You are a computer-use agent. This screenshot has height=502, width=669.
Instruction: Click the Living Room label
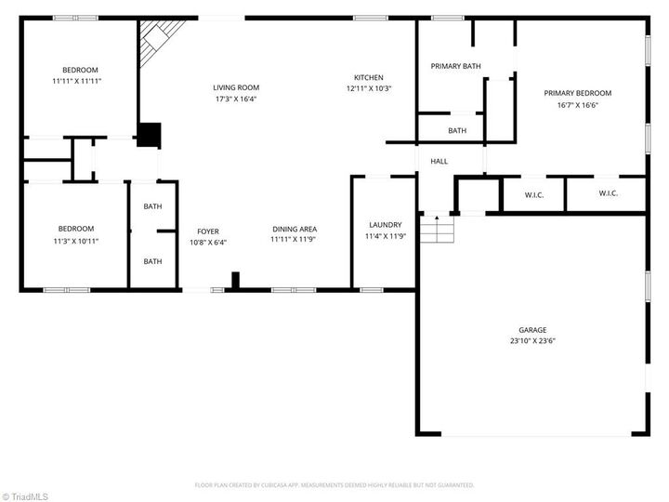click(x=236, y=88)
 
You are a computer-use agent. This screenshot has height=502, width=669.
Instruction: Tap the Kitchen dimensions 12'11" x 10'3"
click(x=369, y=89)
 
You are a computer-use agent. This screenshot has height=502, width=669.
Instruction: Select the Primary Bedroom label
click(x=578, y=93)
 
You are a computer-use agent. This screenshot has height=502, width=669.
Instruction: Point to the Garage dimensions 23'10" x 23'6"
click(x=533, y=341)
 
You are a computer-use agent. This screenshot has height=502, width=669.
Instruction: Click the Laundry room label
click(x=386, y=225)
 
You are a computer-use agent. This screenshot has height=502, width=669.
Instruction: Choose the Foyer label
click(x=208, y=231)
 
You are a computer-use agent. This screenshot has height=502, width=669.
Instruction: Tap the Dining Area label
click(x=295, y=230)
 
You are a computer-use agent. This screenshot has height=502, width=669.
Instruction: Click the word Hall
click(x=439, y=162)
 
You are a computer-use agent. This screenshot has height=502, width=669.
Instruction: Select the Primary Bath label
click(x=455, y=66)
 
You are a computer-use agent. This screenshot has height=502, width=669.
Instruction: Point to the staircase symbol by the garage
click(x=437, y=230)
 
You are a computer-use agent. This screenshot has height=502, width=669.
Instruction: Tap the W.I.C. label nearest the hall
click(x=534, y=195)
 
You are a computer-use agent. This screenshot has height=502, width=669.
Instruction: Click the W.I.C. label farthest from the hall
click(x=608, y=193)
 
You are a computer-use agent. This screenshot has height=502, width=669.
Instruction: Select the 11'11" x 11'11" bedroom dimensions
click(x=77, y=81)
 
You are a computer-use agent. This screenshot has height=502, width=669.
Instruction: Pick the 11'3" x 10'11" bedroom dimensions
click(x=76, y=241)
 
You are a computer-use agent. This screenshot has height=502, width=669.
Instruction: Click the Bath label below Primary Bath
click(x=457, y=131)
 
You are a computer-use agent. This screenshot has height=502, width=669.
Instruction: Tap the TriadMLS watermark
click(x=25, y=496)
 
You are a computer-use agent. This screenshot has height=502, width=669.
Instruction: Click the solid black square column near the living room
click(x=150, y=135)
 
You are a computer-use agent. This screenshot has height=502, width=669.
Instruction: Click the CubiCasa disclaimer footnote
click(x=334, y=485)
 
